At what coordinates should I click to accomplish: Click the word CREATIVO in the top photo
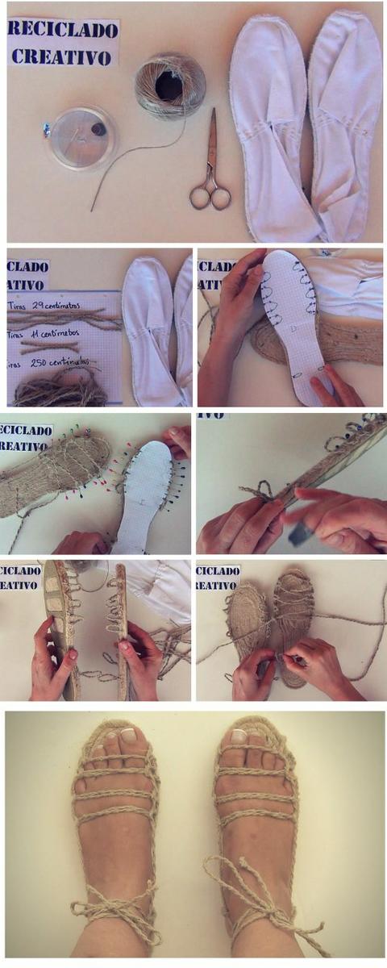(61, 56)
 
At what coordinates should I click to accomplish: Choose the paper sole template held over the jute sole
(292, 323)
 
